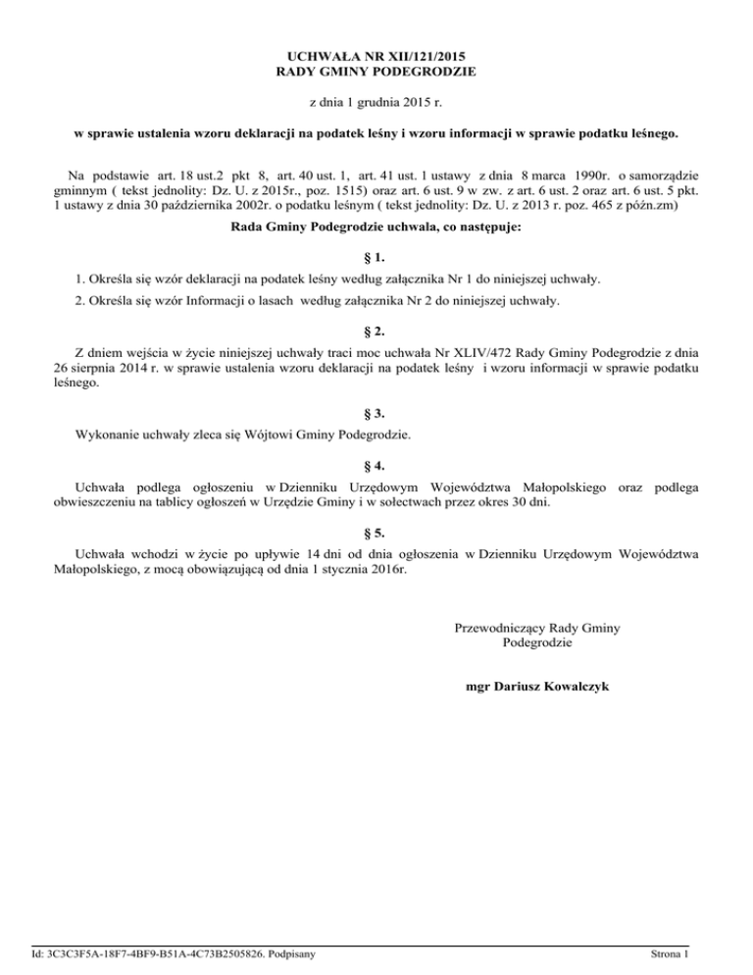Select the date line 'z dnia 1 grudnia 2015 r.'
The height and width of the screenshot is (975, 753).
click(x=376, y=101)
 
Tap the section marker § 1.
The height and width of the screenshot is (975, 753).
click(x=376, y=258)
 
